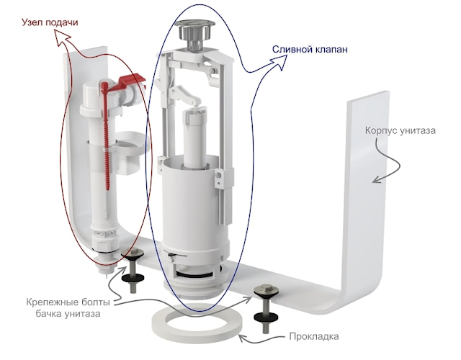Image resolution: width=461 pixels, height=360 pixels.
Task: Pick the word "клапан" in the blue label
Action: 330,49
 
